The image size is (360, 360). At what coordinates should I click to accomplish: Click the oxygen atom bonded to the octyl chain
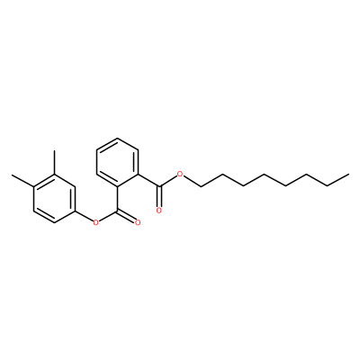180,174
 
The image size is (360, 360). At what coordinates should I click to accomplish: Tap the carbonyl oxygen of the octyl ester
159,211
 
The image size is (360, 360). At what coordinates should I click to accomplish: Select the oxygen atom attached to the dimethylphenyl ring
95,222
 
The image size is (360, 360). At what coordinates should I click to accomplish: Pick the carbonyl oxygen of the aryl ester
138,222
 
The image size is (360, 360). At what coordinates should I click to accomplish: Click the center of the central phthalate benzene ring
118,162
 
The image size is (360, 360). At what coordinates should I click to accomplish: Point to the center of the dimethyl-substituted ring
54,198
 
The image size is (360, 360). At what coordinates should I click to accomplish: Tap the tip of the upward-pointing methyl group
54,150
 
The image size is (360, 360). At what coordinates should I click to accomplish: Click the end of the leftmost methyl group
12,174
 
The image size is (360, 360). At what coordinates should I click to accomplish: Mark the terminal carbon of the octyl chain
349,174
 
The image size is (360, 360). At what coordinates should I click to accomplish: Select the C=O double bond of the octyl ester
159,196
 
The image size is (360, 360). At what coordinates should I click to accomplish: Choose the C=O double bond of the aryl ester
127,217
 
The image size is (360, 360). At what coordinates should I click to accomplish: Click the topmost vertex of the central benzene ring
118,138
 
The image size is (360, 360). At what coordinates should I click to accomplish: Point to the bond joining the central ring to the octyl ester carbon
149,180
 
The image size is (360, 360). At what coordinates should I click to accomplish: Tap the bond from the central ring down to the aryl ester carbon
118,198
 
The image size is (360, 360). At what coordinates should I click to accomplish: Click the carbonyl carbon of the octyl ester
159,186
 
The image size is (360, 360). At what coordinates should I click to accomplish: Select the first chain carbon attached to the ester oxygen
201,186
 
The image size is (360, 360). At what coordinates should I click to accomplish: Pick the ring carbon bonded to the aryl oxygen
76,210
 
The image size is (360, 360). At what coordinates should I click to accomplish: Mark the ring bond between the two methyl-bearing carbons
44,180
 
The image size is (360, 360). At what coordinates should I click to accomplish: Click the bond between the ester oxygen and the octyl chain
192,181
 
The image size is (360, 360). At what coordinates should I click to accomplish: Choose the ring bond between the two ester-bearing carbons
128,180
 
